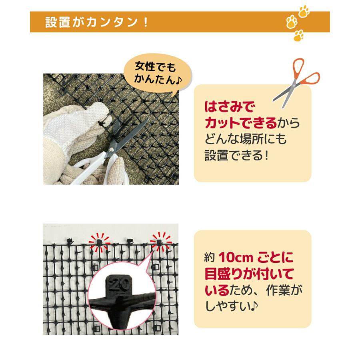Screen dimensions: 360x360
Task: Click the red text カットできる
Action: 240,123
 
